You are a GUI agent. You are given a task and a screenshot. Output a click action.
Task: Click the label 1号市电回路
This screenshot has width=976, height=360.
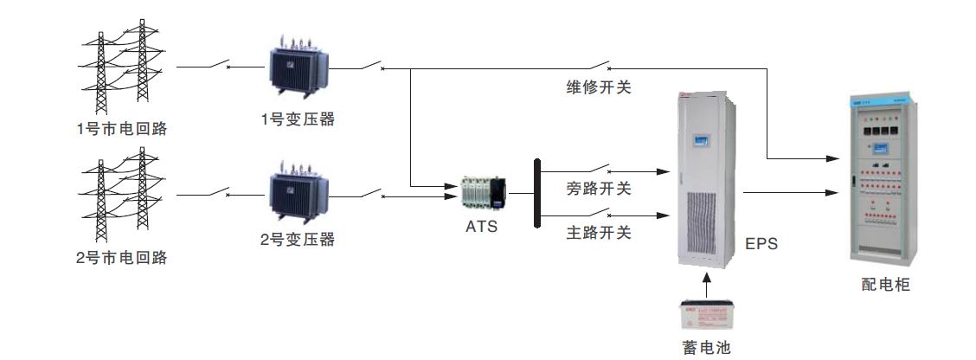tap(121, 130)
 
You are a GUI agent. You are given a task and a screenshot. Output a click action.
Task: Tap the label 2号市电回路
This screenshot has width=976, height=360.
tap(121, 257)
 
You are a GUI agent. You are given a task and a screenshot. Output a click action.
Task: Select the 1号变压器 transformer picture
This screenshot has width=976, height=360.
tap(298, 70)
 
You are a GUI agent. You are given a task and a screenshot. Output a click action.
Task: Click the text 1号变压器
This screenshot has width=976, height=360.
tap(298, 120)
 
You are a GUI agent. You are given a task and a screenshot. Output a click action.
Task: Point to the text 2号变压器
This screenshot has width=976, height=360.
tap(298, 240)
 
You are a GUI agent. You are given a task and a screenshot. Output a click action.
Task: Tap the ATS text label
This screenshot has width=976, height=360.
tap(482, 226)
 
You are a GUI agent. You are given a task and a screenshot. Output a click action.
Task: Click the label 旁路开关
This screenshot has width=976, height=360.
tap(599, 188)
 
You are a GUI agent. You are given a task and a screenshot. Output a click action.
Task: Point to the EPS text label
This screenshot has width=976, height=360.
tap(761, 244)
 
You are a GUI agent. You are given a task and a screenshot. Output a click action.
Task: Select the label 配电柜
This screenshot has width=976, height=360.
tap(886, 285)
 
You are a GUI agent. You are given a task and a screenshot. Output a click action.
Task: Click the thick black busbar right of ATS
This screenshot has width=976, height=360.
tap(537, 193)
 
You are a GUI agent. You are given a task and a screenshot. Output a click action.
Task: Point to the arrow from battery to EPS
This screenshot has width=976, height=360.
tap(708, 283)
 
